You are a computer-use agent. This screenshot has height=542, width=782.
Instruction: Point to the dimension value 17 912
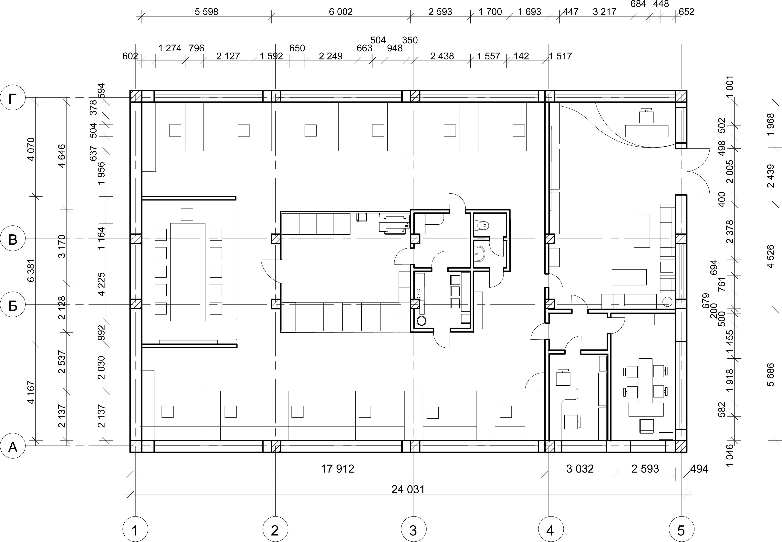pos(338,469)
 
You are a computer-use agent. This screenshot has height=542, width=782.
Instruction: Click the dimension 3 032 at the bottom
pos(580,469)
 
